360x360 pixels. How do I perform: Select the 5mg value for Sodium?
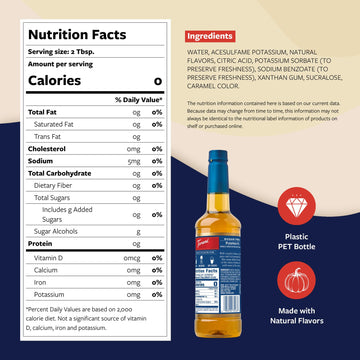[x=135, y=160]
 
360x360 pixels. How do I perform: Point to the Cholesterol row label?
[x=47, y=148]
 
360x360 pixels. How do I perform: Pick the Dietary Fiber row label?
[x=54, y=185]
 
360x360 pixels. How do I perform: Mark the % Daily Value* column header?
[x=138, y=99]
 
